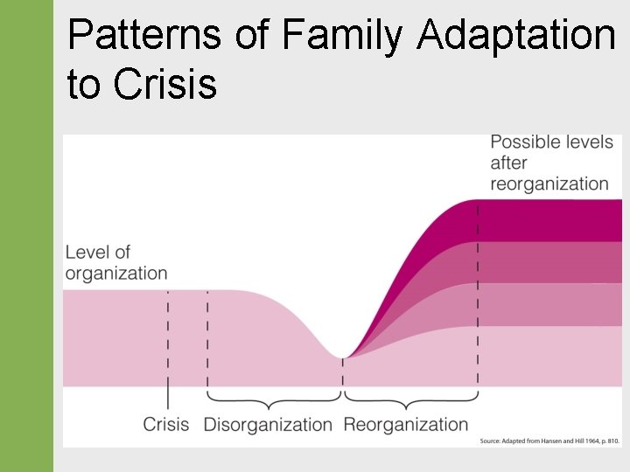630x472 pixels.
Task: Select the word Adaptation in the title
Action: pos(517,36)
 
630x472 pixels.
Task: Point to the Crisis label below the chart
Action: pos(166,425)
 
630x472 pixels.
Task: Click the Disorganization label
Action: pos(268,425)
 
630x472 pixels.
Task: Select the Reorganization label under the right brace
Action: pos(406,425)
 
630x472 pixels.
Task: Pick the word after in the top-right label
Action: pos(508,163)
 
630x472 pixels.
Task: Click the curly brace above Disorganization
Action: pos(273,399)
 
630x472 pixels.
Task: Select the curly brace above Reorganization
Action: pos(409,399)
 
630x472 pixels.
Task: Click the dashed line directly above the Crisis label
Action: pos(168,350)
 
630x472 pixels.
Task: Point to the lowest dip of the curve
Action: pos(342,355)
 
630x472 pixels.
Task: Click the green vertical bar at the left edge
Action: pos(26,236)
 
